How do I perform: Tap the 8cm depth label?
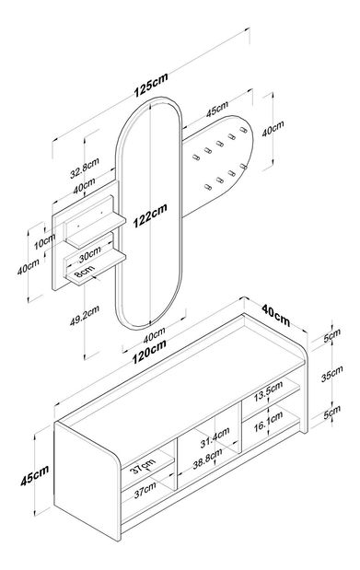coord(84,273)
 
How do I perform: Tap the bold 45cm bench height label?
coord(36,476)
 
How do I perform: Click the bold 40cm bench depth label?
coord(275,317)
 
